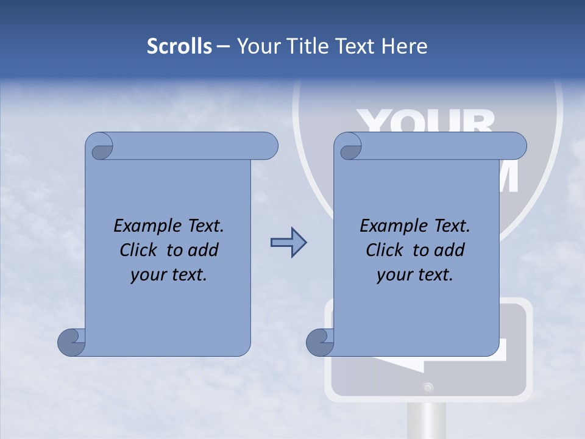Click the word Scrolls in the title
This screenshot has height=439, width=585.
pyautogui.click(x=179, y=46)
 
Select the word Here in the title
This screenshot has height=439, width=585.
pyautogui.click(x=405, y=46)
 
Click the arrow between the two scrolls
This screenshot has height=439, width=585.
pyautogui.click(x=288, y=243)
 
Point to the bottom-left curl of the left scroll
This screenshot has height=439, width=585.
pyautogui.click(x=71, y=343)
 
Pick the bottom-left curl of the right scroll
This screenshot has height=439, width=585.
pyautogui.click(x=319, y=343)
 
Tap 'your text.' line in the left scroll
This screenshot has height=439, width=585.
pyautogui.click(x=169, y=275)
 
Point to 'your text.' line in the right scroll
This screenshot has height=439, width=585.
pyautogui.click(x=415, y=275)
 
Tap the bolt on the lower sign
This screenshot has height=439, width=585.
pyautogui.click(x=428, y=387)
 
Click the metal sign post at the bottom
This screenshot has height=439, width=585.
pyautogui.click(x=428, y=421)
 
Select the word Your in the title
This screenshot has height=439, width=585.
pyautogui.click(x=258, y=46)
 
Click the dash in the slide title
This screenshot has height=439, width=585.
pyautogui.click(x=223, y=46)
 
